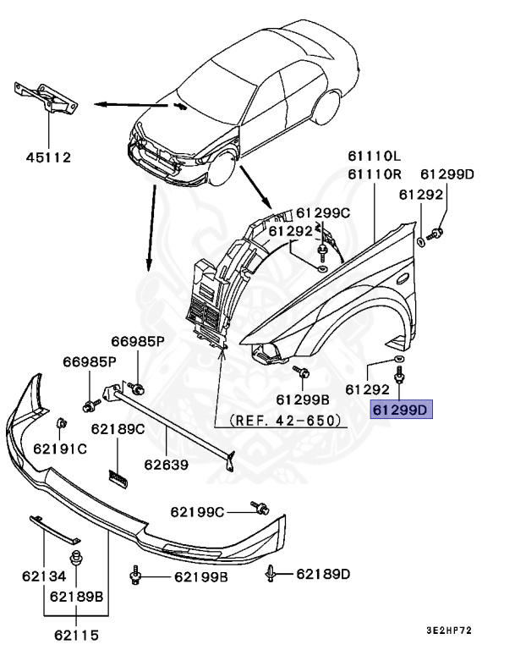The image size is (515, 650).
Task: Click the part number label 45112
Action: (47, 157)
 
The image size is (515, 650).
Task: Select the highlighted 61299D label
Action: (402, 410)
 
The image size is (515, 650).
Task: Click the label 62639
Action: (166, 464)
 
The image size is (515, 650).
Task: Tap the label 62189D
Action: (322, 575)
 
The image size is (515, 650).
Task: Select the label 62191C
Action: (60, 448)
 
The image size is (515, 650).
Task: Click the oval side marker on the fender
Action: (402, 278)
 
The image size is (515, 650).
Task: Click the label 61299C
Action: (322, 212)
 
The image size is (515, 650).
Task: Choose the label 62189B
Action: (76, 595)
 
